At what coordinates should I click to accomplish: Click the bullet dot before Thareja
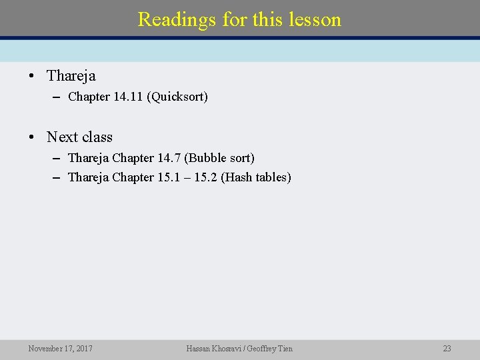point(31,76)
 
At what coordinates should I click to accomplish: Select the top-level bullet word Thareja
point(71,76)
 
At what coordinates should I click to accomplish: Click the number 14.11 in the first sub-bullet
point(129,97)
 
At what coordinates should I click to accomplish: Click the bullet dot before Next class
point(31,137)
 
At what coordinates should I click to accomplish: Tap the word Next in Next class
point(62,137)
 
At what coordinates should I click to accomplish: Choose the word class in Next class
point(97,137)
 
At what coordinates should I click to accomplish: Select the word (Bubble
point(205,158)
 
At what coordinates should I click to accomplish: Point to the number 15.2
point(205,178)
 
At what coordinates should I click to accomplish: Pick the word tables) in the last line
point(274,178)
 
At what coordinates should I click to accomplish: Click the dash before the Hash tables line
point(56,178)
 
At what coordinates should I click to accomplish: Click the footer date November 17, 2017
point(60,349)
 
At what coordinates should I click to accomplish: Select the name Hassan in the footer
point(200,349)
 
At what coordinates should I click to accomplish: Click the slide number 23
point(447,349)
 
